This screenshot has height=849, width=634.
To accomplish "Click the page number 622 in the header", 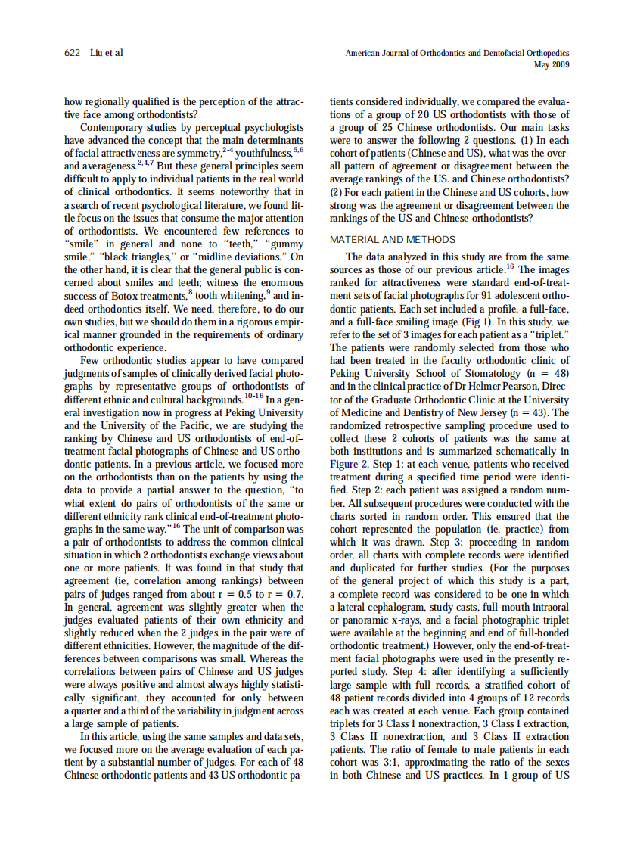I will [73, 53].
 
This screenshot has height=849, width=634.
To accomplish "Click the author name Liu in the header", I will [96, 53].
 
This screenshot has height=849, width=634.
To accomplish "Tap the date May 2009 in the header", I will [552, 64].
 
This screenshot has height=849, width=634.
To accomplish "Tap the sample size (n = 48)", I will [545, 373].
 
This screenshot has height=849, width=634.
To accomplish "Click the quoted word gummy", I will [284, 244].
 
